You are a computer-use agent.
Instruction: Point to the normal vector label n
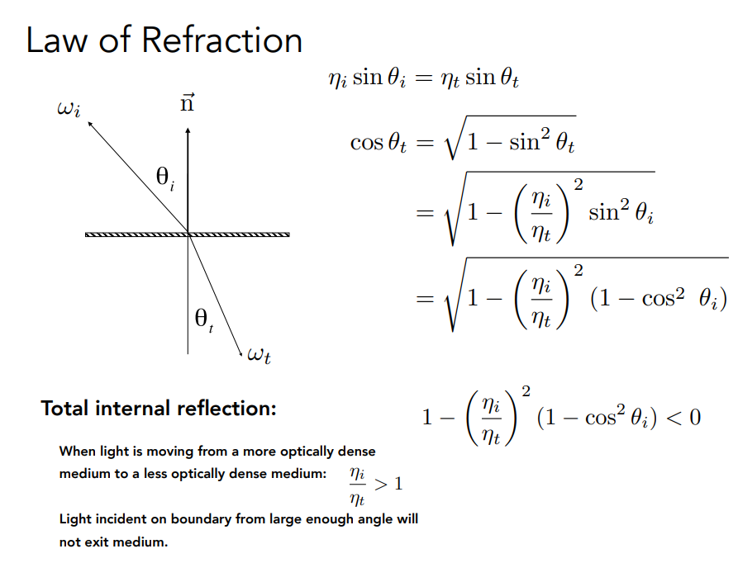pos(188,104)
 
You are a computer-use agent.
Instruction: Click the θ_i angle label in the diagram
pos(165,177)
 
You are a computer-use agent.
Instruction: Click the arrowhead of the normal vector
pos(188,130)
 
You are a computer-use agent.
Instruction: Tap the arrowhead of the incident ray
pos(89,121)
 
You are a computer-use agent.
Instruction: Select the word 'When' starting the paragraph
pos(76,452)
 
